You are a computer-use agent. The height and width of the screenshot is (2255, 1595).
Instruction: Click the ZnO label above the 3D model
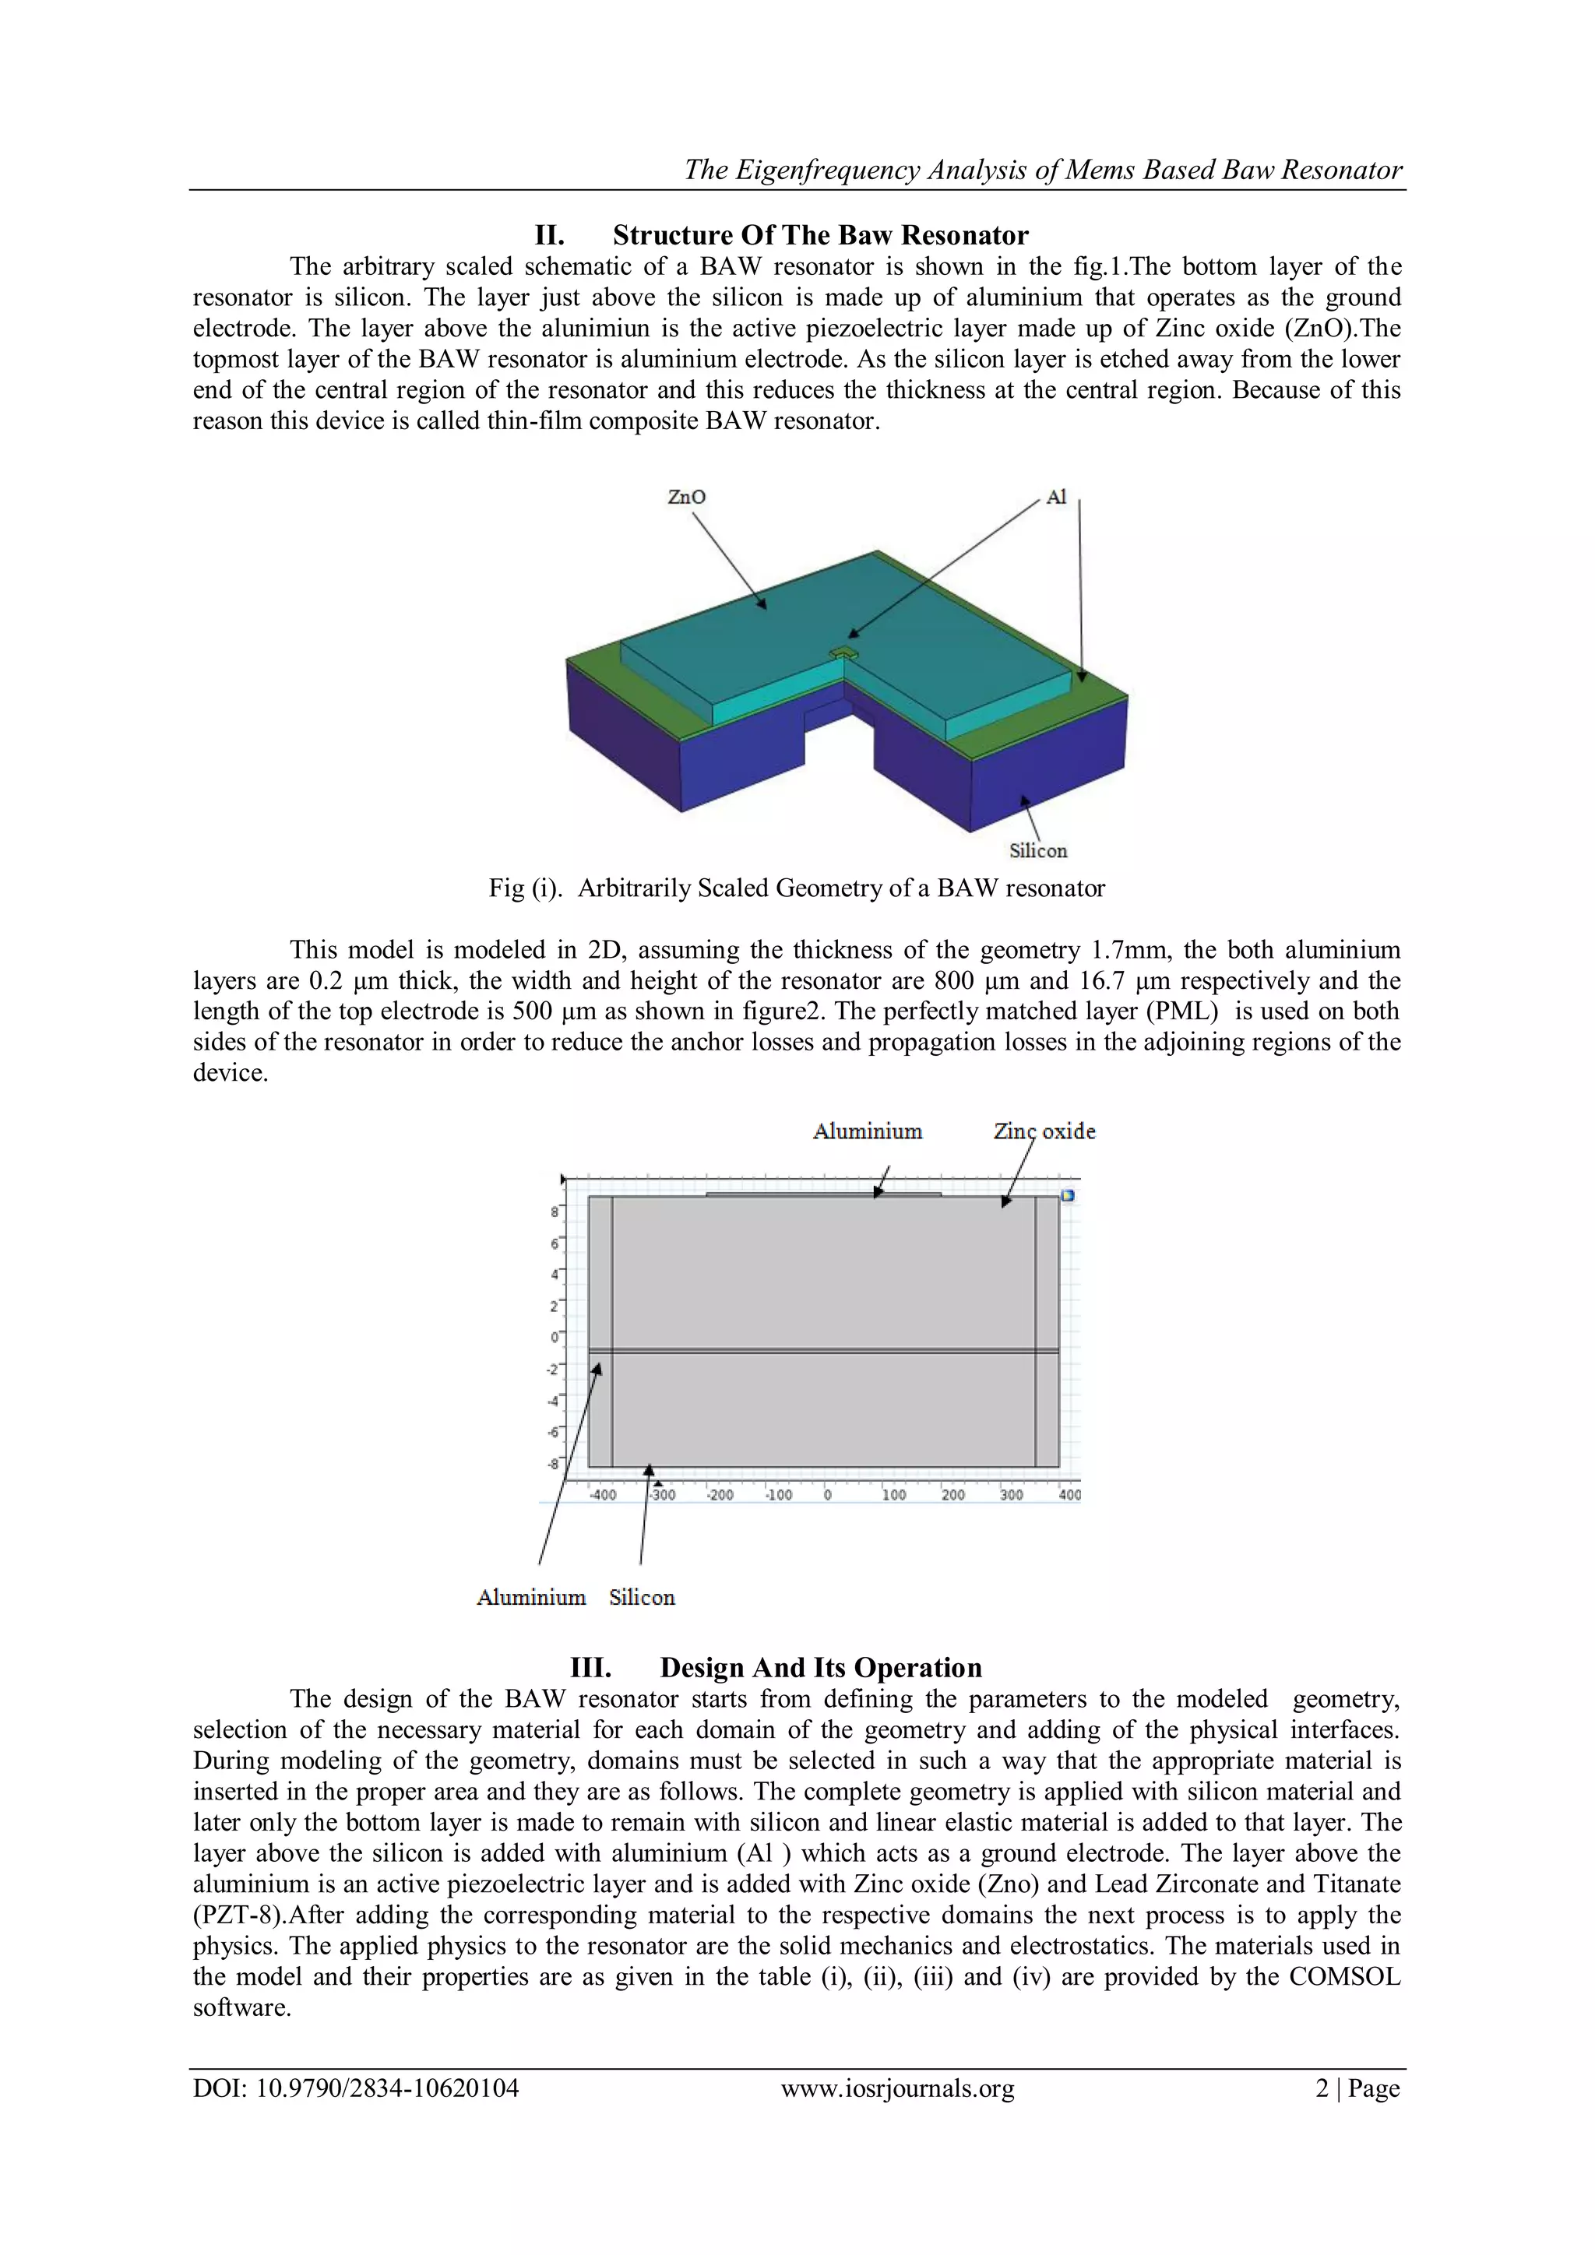tap(685, 497)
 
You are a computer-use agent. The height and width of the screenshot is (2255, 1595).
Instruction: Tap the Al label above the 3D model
tap(1056, 497)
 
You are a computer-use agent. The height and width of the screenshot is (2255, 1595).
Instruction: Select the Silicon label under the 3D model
tap(1037, 850)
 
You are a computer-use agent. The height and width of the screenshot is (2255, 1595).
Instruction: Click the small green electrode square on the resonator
tap(843, 653)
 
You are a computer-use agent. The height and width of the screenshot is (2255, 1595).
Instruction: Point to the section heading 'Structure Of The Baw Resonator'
tap(819, 236)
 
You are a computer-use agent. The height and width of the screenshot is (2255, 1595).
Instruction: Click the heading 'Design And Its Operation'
tap(819, 1668)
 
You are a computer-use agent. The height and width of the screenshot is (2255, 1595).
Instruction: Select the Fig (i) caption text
tap(797, 888)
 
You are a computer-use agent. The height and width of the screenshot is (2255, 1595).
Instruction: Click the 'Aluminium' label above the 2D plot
tap(868, 1131)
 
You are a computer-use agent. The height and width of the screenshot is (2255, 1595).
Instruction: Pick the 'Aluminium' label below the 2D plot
tap(530, 1598)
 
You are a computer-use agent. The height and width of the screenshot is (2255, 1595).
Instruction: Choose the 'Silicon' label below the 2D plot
tap(641, 1598)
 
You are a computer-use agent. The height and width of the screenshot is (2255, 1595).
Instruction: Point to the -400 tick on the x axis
tap(602, 1495)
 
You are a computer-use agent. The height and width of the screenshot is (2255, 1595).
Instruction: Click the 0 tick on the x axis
tap(827, 1495)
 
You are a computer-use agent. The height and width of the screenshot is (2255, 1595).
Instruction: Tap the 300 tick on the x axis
tap(1011, 1495)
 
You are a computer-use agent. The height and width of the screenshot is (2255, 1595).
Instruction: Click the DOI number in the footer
tap(356, 2088)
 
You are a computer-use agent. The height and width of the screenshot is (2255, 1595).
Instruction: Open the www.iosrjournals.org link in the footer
tap(896, 2088)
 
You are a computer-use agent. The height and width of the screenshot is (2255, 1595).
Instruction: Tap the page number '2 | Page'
tap(1357, 2088)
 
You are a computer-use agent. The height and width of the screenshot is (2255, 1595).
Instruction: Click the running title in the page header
tap(1042, 170)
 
